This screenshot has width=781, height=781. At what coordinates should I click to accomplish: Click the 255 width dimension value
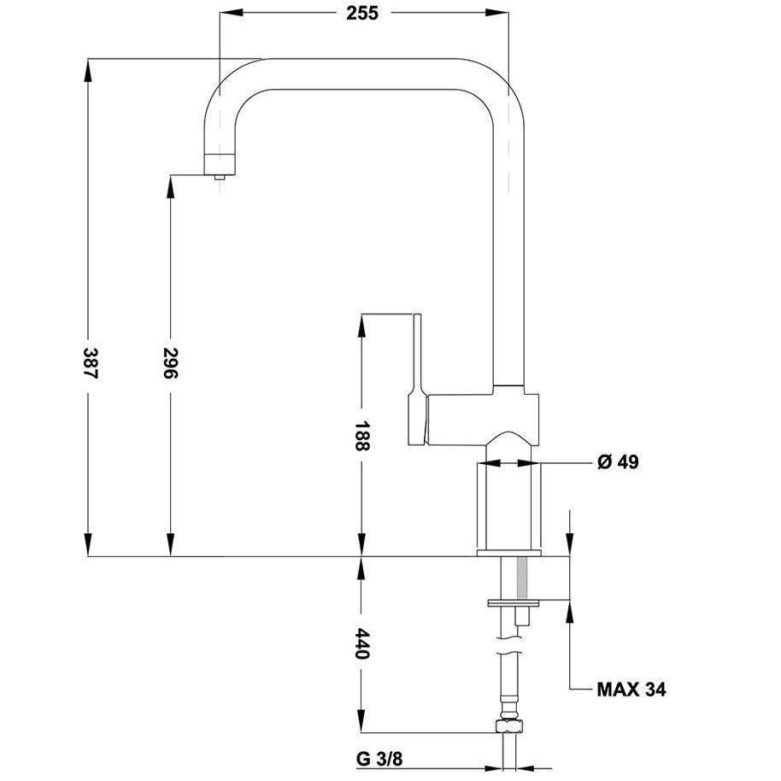click(362, 13)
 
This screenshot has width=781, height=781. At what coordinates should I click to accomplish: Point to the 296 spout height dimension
click(170, 365)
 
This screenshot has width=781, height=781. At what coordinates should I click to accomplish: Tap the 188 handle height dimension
click(361, 436)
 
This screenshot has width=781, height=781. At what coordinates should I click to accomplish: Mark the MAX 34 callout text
click(631, 689)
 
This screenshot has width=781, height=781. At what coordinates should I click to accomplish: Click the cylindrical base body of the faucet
click(508, 504)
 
